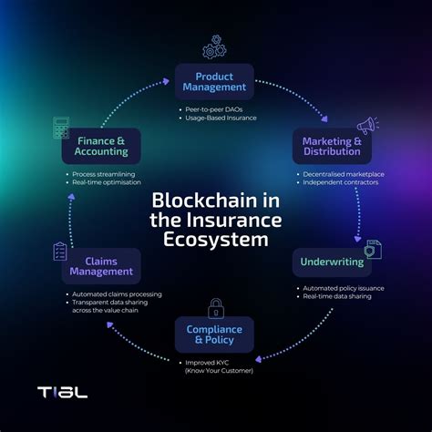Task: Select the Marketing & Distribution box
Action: pos(332,146)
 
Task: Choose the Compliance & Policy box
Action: pos(215,335)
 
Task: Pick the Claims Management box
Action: pos(101,265)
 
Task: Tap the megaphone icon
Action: pos(367,125)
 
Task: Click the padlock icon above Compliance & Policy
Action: pos(216,307)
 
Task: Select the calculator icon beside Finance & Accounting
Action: pos(63,127)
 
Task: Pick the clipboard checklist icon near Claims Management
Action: pos(60,251)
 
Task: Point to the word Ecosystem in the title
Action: pos(216,240)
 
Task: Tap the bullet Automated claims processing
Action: pos(116,294)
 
